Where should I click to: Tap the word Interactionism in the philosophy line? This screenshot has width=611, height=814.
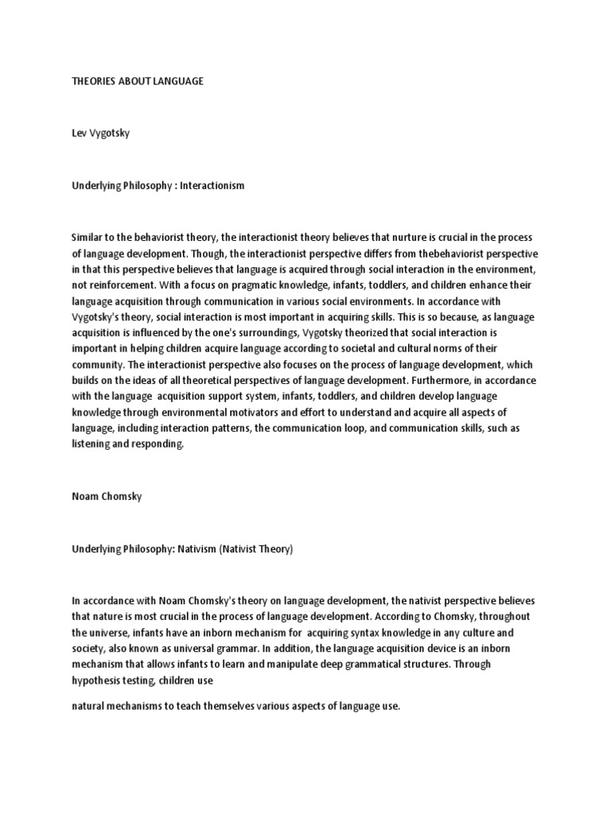[x=213, y=185]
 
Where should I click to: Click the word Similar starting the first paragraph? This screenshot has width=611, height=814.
[x=88, y=238]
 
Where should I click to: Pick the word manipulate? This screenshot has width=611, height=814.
[x=276, y=663]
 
